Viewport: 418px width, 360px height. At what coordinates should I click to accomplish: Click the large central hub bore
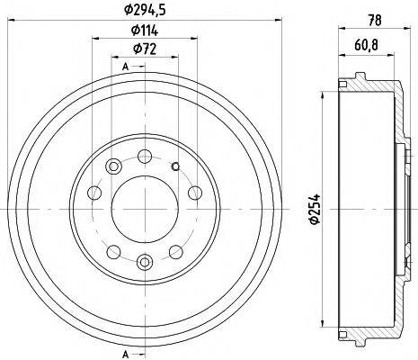(x=144, y=208)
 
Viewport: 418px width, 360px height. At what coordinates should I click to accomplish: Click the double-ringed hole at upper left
(x=114, y=166)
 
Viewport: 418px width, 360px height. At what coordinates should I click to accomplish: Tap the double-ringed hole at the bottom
(x=144, y=262)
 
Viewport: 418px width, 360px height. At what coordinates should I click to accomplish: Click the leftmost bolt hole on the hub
(x=93, y=192)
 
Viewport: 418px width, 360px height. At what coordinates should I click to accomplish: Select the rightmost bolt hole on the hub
(x=194, y=192)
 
